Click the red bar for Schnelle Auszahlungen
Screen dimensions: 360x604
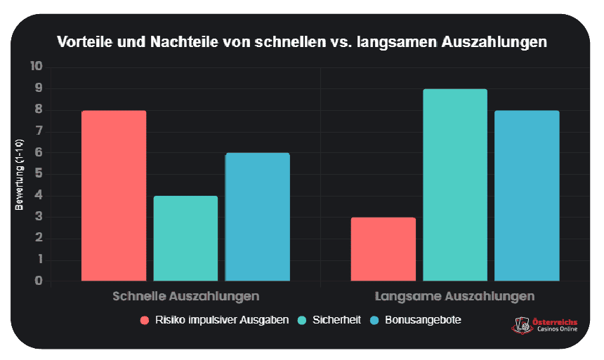pyautogui.click(x=114, y=196)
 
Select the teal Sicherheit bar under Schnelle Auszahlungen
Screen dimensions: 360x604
pyautogui.click(x=185, y=239)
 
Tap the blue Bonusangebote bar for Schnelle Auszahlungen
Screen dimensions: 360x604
pyautogui.click(x=257, y=217)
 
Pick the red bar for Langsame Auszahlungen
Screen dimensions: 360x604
pyautogui.click(x=383, y=249)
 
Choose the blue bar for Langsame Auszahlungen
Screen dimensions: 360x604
pyautogui.click(x=527, y=196)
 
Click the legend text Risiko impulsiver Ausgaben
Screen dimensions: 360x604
pyautogui.click(x=222, y=320)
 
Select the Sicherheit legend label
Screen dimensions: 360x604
pyautogui.click(x=338, y=320)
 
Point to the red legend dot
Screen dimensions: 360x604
pyautogui.click(x=145, y=320)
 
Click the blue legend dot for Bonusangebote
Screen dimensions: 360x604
pyautogui.click(x=374, y=320)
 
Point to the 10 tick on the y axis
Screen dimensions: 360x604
pyautogui.click(x=37, y=67)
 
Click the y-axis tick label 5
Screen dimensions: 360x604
pyautogui.click(x=39, y=174)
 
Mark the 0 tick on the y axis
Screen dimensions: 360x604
pyautogui.click(x=39, y=281)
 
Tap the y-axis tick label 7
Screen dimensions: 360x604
pyautogui.click(x=39, y=131)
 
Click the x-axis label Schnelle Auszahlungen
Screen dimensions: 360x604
pyautogui.click(x=185, y=296)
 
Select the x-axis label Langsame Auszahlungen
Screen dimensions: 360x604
pyautogui.click(x=455, y=296)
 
